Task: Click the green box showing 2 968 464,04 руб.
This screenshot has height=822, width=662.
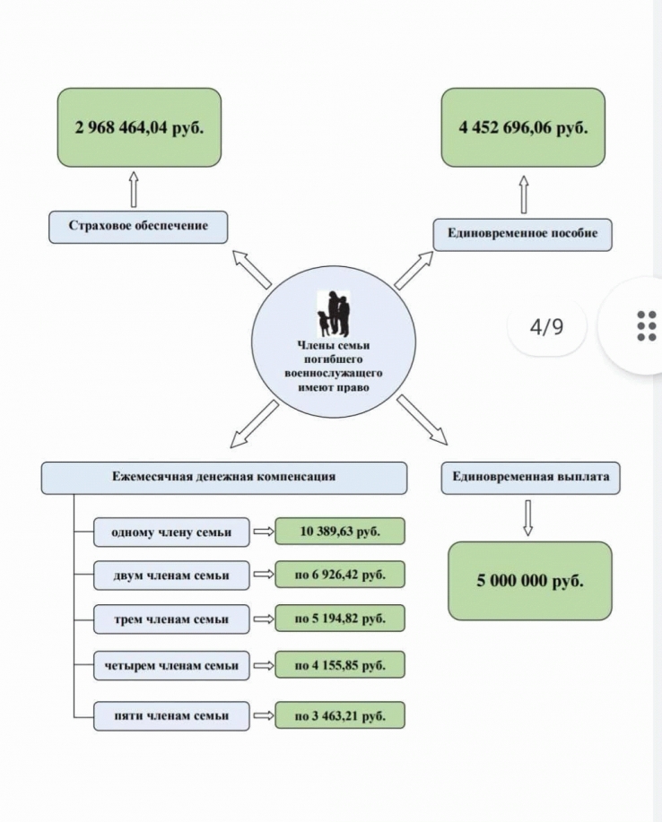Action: pos(139,127)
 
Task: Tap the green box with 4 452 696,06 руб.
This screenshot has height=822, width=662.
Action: pos(523,127)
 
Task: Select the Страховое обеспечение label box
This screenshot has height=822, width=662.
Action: pos(138,227)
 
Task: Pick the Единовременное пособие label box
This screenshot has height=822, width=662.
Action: pos(522,234)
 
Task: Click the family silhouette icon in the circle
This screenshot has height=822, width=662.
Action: pos(334,314)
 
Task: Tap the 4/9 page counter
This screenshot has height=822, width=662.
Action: pos(546,326)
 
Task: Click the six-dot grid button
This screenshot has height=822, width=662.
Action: pos(646,325)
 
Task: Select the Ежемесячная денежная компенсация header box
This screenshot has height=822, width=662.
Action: pos(224,478)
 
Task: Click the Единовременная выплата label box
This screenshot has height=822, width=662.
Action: pos(530,478)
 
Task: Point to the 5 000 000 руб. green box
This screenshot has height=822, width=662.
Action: pos(530,581)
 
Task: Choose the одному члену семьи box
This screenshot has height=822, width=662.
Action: pos(171,532)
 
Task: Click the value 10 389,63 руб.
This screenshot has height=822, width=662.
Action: pos(340,531)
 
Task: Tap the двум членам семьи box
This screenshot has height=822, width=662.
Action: pos(171,575)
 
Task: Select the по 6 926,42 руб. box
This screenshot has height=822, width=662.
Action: pos(340,575)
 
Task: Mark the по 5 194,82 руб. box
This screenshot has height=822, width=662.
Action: pos(340,619)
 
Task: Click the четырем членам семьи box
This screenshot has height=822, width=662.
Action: pos(171,666)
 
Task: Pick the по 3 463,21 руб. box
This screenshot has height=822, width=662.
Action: pos(340,715)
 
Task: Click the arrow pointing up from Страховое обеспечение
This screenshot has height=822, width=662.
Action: pos(134,189)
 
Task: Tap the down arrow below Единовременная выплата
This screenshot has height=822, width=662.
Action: pos(528,518)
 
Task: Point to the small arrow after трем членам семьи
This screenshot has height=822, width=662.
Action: pos(264,619)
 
